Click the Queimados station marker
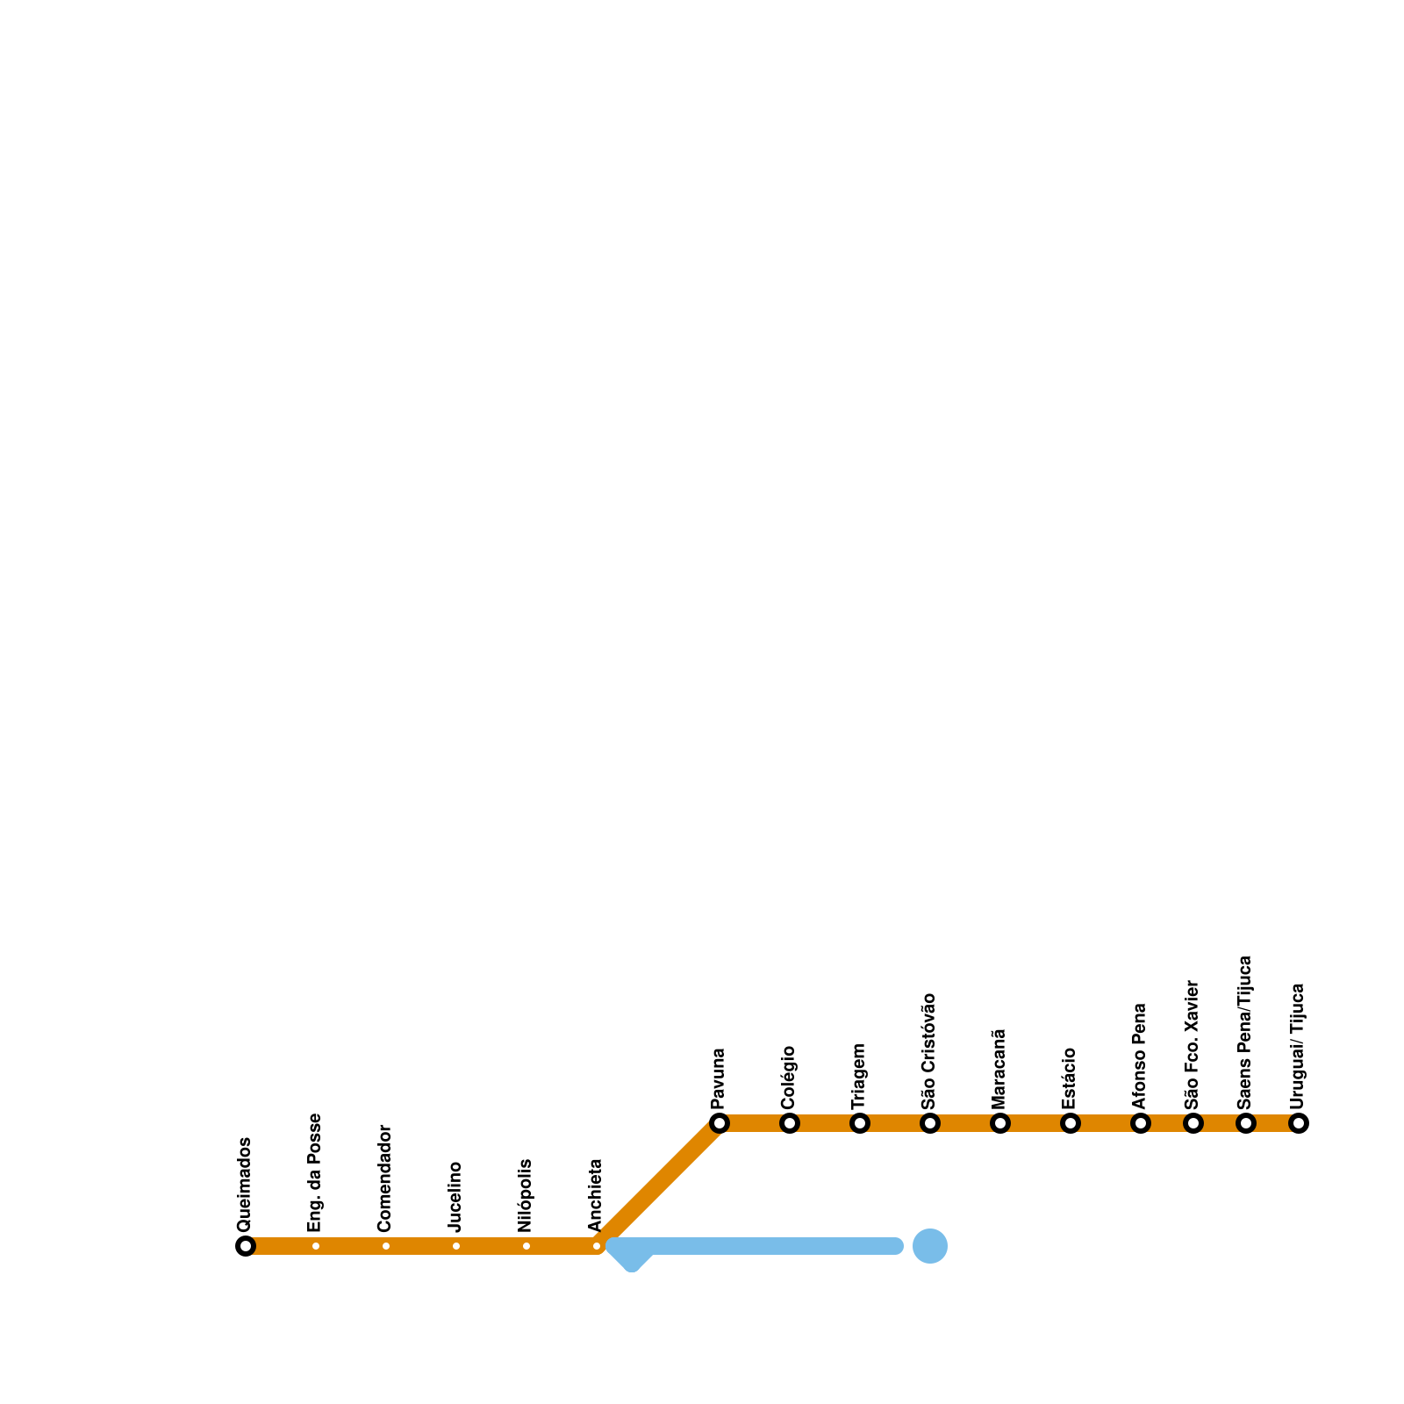[246, 1246]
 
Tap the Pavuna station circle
[720, 1123]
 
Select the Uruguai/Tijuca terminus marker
[1299, 1123]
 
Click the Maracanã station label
[999, 1068]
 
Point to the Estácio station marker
[1071, 1123]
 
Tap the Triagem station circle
[860, 1123]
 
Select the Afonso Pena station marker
[1141, 1123]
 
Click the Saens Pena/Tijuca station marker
[1246, 1123]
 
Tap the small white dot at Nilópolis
[526, 1246]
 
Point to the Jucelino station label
[455, 1196]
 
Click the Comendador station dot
[386, 1246]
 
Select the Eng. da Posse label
[315, 1172]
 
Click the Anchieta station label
[596, 1195]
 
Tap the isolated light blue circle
[930, 1246]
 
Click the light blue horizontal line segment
[763, 1246]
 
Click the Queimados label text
[245, 1184]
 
